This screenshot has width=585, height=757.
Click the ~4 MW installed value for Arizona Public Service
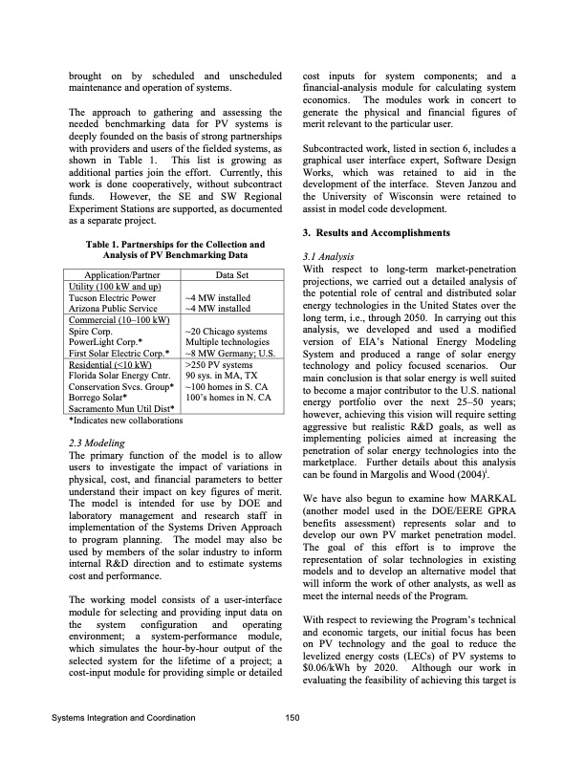[217, 308]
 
